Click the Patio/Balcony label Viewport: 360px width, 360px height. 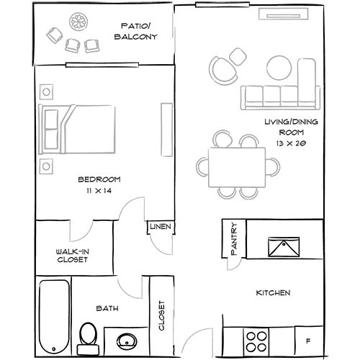point(136,31)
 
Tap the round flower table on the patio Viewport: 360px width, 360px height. point(78,22)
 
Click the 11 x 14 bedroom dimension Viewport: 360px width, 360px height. point(99,191)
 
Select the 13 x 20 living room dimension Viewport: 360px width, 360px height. point(291,143)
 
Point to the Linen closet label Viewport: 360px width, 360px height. point(161,226)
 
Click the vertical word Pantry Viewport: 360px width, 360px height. point(233,238)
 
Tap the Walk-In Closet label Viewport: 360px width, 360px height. point(73,256)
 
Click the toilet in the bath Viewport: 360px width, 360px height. point(88,339)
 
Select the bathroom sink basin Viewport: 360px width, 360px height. point(127,341)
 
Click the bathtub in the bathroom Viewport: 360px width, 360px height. point(54,317)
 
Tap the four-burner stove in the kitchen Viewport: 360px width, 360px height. point(256,341)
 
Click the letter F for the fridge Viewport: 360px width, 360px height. point(308,341)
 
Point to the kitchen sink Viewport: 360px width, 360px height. point(284,247)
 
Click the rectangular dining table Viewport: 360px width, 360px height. point(237,167)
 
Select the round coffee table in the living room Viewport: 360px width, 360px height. point(279,68)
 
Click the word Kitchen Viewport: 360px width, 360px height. point(273,293)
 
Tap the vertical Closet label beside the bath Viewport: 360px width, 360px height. point(161,315)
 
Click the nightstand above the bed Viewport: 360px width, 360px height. point(46,91)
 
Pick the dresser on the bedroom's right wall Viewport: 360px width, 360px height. point(167,130)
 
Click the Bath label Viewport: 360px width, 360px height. point(107,308)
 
